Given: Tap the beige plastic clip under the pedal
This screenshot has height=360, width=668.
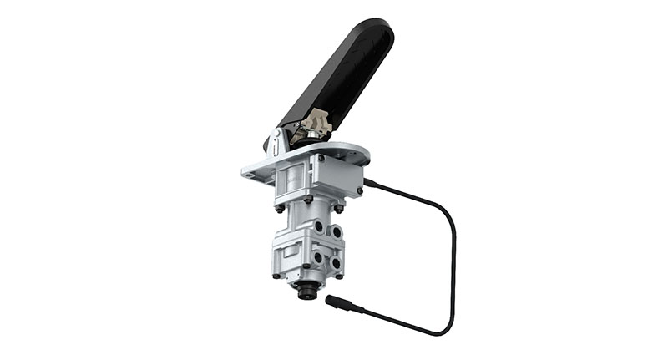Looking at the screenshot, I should point(316,126).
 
